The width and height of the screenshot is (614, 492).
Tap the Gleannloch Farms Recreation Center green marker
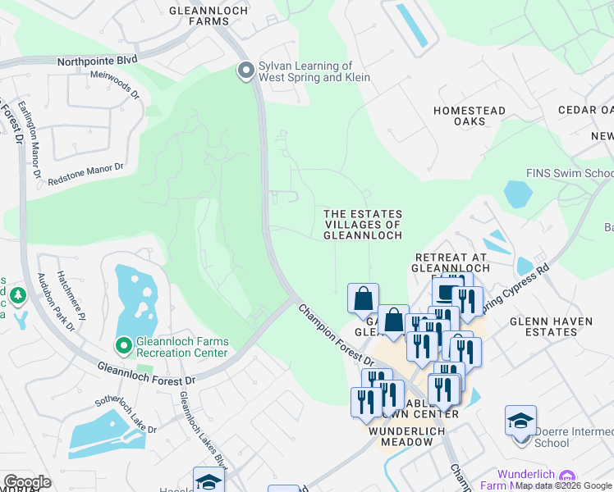coord(124,347)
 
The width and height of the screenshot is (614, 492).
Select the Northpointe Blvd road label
coord(98,61)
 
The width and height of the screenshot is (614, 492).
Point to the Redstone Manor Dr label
coord(85,172)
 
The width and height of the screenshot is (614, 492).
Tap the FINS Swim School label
coord(570,174)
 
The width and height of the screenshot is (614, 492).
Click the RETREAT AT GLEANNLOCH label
coord(451,262)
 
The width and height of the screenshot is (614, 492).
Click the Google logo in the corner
coord(27,482)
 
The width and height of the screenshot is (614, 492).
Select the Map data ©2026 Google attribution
coord(563,485)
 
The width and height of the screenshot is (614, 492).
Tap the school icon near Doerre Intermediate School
coord(520,421)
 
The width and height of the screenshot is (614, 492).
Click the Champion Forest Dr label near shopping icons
coord(336,335)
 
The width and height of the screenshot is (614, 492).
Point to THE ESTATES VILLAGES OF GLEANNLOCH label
coord(363,224)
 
